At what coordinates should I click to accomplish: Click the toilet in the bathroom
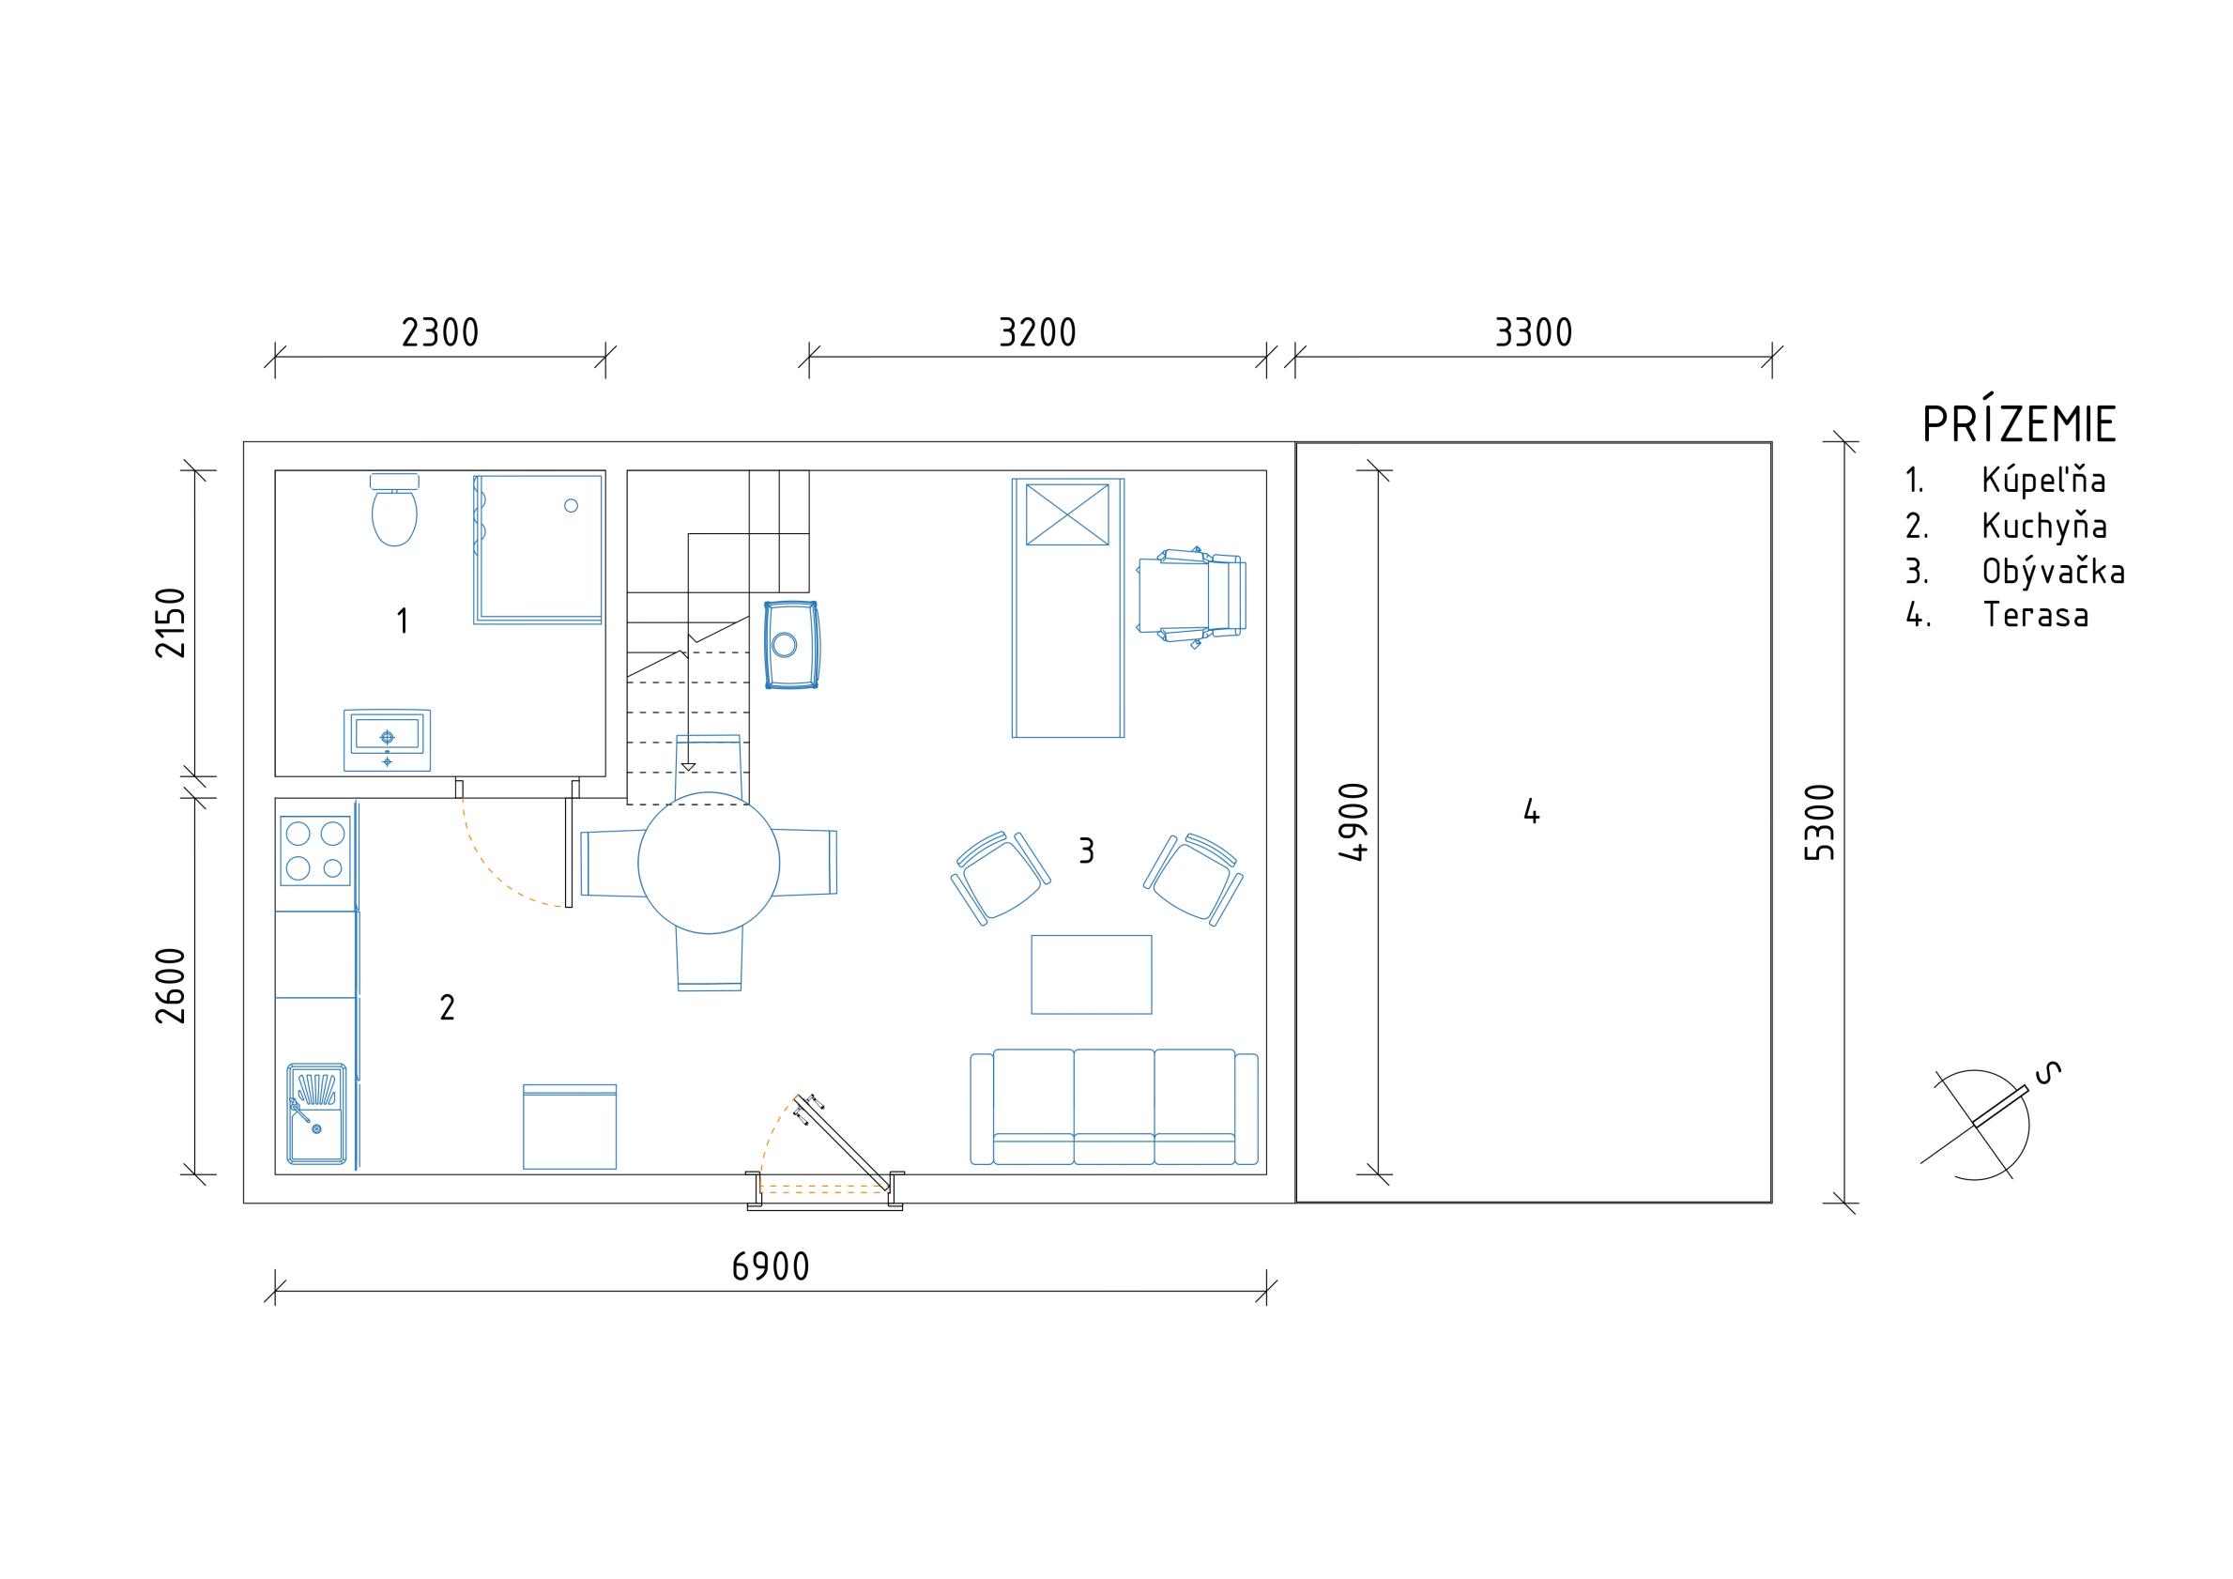(395, 510)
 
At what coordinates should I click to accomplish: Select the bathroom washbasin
(387, 741)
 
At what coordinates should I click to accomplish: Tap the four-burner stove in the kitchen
(315, 851)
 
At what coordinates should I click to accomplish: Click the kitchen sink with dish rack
(317, 1114)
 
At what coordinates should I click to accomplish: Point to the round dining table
(709, 863)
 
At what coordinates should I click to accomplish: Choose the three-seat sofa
(1114, 1107)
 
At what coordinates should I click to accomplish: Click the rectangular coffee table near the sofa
(1092, 974)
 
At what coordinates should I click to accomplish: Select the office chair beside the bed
(1192, 597)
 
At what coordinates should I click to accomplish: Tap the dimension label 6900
(771, 1266)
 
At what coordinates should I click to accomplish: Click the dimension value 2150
(171, 622)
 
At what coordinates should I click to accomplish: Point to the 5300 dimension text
(1819, 823)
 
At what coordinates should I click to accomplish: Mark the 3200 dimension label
(1038, 332)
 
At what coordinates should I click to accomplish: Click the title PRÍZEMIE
(2019, 424)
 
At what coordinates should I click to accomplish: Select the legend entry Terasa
(2036, 615)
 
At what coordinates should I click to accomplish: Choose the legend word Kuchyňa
(2044, 527)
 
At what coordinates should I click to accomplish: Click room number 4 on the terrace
(1532, 811)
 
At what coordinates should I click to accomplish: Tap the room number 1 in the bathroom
(403, 621)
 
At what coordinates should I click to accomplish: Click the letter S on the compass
(2048, 1071)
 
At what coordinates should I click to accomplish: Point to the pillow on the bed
(1067, 514)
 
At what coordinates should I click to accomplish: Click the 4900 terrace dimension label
(1354, 823)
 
